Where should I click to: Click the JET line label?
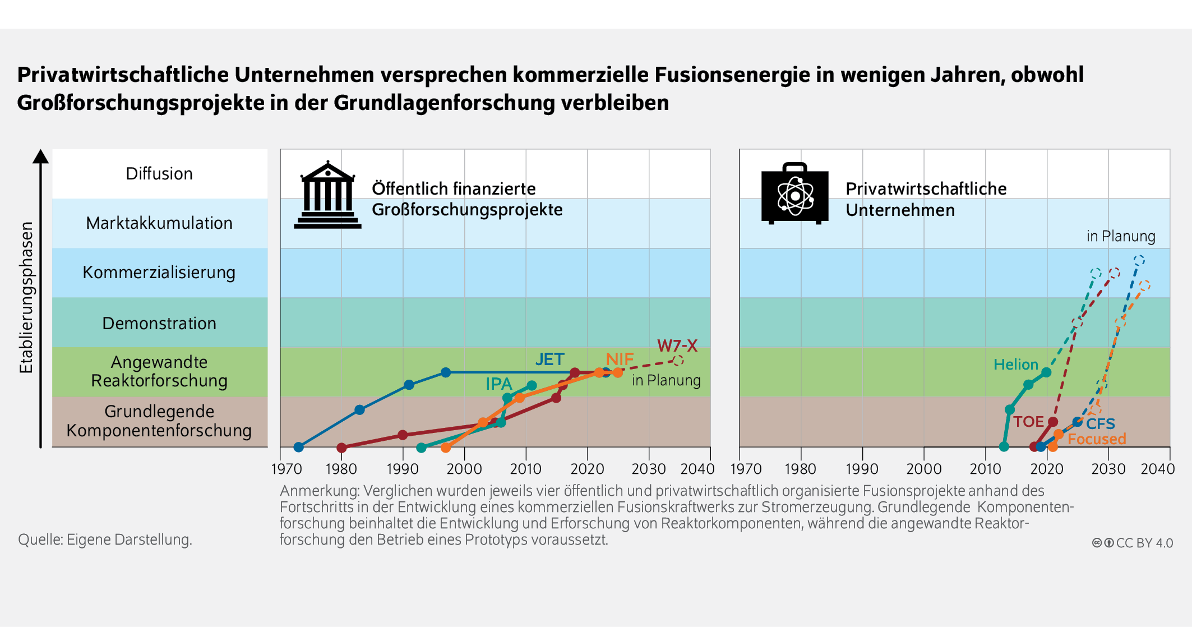pyautogui.click(x=549, y=359)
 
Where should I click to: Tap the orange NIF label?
pyautogui.click(x=620, y=359)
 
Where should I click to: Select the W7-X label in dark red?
pyautogui.click(x=677, y=345)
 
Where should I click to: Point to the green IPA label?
pyautogui.click(x=498, y=384)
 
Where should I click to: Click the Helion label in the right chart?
pyautogui.click(x=1015, y=365)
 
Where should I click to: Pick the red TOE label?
pyautogui.click(x=1028, y=422)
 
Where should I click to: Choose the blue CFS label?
pyautogui.click(x=1100, y=424)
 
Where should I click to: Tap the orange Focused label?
pyautogui.click(x=1097, y=439)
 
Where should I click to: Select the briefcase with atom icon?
pyautogui.click(x=794, y=193)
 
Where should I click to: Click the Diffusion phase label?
pyautogui.click(x=159, y=174)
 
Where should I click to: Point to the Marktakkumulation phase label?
pyautogui.click(x=159, y=223)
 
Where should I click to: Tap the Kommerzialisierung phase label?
pyautogui.click(x=159, y=273)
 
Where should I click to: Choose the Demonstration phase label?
pyautogui.click(x=159, y=324)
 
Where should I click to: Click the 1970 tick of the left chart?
pyautogui.click(x=287, y=469)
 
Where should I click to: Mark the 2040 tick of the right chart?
pyautogui.click(x=1157, y=469)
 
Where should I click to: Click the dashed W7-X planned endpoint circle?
pyautogui.click(x=678, y=360)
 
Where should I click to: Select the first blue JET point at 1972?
pyautogui.click(x=299, y=447)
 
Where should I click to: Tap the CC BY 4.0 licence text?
pyautogui.click(x=1144, y=543)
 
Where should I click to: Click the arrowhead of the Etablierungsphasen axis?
pyautogui.click(x=40, y=156)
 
